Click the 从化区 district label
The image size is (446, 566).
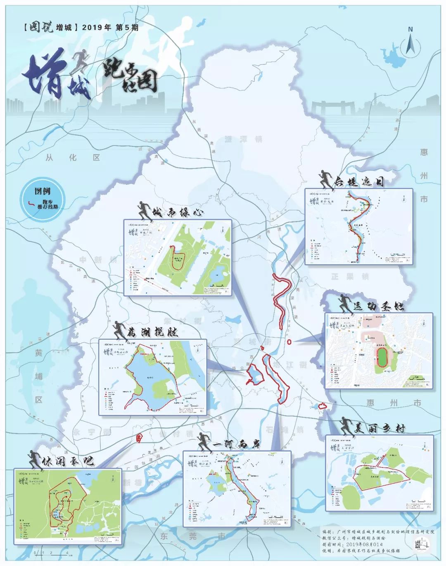tap(73, 158)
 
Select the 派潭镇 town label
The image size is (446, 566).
tap(243, 139)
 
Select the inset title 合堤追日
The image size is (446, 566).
tap(359, 182)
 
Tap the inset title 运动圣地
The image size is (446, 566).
tap(378, 306)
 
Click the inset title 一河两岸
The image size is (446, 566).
tap(237, 444)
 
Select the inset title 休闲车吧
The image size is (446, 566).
tap(68, 461)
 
